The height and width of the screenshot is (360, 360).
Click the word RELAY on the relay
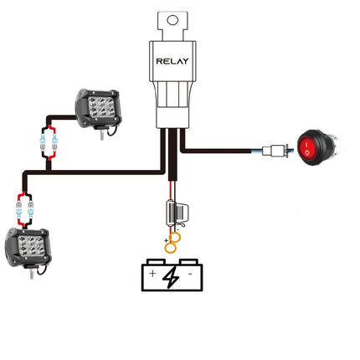pos(172,61)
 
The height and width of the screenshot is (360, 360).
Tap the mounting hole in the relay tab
pos(172,20)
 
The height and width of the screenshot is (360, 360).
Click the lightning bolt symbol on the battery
pos(171,277)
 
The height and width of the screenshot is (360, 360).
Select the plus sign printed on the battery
pos(152,274)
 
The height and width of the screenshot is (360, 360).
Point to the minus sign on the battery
pos(190,274)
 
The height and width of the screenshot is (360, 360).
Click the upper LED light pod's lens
pos(101,107)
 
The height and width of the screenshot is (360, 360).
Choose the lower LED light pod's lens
pos(32,246)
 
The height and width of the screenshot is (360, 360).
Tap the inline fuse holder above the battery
pos(177,213)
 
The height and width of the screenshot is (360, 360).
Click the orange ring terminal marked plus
pos(171,248)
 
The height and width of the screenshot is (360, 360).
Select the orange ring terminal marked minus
pos(176,238)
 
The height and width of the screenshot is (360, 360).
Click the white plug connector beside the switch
pos(275,151)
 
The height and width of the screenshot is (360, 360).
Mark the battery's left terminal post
pos(156,261)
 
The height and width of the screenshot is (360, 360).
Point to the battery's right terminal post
pos(188,261)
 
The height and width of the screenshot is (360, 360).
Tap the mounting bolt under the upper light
pos(102,134)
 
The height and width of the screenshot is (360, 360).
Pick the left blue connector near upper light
pos(43,142)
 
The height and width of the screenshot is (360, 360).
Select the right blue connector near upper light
pos(54,142)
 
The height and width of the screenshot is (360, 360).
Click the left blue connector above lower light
pos(19,211)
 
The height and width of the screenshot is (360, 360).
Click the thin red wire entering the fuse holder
pos(170,191)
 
